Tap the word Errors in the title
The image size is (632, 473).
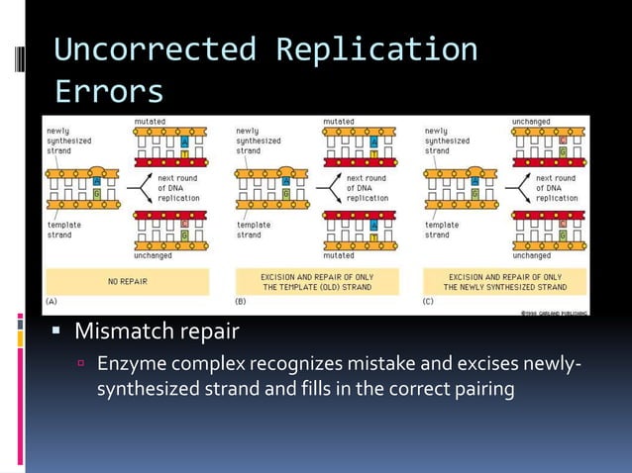(108, 91)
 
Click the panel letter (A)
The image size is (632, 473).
(56, 301)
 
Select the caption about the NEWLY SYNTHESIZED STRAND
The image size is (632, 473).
(505, 282)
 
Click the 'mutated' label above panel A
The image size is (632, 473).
(150, 122)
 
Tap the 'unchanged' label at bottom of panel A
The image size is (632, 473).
(153, 255)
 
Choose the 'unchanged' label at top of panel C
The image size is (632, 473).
(531, 122)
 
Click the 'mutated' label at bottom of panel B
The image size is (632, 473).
(338, 255)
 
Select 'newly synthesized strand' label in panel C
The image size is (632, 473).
(450, 141)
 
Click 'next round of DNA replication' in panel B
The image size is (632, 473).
(367, 188)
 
